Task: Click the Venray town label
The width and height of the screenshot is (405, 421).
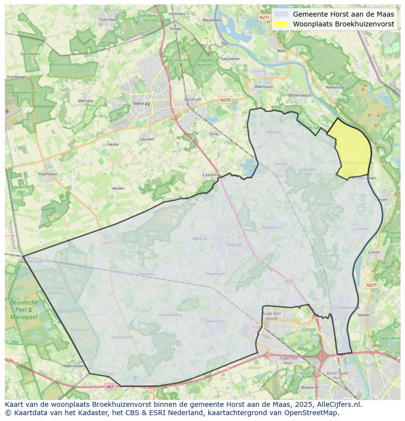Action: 141,104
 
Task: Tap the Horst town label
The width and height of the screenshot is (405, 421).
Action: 235,244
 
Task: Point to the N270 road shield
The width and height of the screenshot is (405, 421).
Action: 225,100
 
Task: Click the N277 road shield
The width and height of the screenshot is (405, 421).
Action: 108,243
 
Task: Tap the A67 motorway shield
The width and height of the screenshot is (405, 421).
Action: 110,386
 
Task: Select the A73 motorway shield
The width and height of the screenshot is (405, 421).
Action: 289,281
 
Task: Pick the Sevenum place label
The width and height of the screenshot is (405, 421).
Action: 214,321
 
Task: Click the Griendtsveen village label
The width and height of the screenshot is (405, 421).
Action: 31,262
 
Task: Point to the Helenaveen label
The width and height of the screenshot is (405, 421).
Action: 74,366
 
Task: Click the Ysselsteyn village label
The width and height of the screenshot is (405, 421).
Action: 48,174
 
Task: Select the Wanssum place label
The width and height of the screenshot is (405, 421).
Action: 264,87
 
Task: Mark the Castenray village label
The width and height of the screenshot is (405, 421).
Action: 212,175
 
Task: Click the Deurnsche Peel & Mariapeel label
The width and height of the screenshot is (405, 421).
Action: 23,310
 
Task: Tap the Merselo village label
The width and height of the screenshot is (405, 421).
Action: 86,101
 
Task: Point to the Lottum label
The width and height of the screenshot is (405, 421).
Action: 362,229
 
